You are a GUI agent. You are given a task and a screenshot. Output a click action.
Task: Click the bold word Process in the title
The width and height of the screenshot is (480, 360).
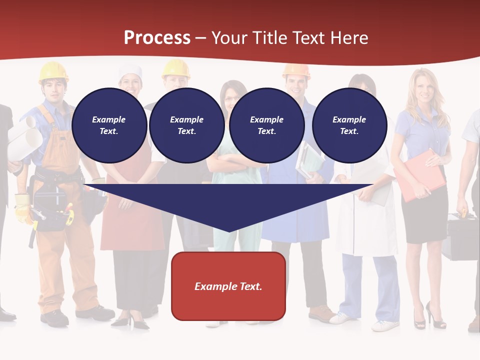click(157, 37)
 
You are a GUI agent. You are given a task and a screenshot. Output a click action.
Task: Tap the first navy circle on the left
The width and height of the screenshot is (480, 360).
click(109, 125)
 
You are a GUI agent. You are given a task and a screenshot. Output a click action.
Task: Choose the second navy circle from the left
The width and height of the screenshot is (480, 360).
click(186, 125)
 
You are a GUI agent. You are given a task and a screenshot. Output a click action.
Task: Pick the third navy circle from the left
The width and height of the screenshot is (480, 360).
click(266, 125)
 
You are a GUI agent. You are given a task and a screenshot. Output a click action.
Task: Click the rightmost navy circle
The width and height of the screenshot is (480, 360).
click(349, 125)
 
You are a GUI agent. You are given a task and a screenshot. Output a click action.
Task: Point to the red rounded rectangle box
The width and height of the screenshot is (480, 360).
click(228, 286)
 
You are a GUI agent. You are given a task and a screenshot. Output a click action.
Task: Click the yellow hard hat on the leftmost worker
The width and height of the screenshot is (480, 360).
click(53, 71)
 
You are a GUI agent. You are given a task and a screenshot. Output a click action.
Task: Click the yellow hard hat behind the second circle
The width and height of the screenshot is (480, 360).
click(176, 68)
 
